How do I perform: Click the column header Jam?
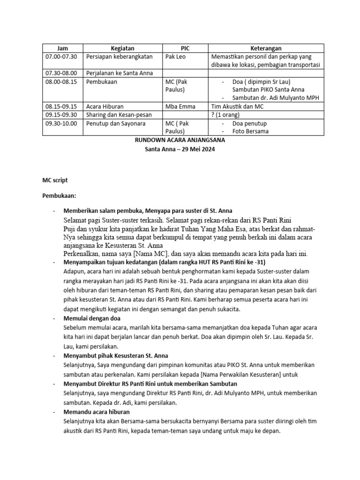point(62,48)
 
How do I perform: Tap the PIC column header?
point(186,48)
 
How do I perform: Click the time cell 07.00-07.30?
point(61,56)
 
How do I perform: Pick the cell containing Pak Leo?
point(176,56)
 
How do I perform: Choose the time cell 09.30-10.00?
point(61,123)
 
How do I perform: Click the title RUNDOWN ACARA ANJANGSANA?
point(180,140)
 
